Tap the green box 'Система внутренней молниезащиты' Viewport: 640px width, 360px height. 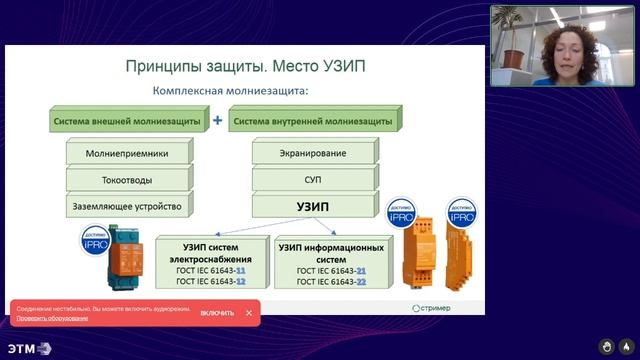pyautogui.click(x=311, y=121)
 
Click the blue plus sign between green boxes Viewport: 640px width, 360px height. pyautogui.click(x=217, y=120)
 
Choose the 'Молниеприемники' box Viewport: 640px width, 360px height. pyautogui.click(x=126, y=154)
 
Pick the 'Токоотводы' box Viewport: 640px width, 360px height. pyautogui.click(x=126, y=181)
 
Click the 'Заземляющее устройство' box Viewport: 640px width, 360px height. pyautogui.click(x=126, y=208)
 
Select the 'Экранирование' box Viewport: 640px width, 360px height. pyautogui.click(x=313, y=154)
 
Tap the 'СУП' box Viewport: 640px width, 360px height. pyautogui.click(x=313, y=181)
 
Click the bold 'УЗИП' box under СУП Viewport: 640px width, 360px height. pyautogui.click(x=313, y=208)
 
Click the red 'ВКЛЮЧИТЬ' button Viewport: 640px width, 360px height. pyautogui.click(x=217, y=313)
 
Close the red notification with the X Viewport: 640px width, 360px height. pyautogui.click(x=249, y=313)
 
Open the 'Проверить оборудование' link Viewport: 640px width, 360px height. pyautogui.click(x=51, y=318)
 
